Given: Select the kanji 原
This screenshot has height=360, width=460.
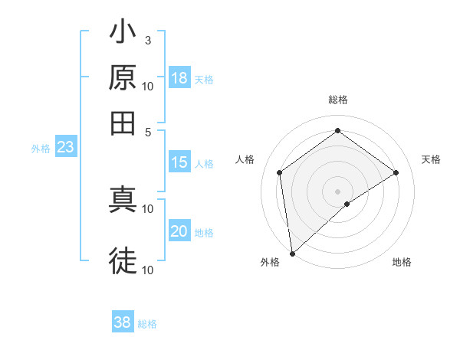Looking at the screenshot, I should point(123,78).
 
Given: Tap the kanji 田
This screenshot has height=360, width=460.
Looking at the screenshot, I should point(123,123).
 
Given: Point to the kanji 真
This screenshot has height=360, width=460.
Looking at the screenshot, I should point(123,198).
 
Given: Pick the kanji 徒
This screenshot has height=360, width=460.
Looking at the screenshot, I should point(123,260).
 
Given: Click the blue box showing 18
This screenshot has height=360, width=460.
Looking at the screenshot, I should point(179,78).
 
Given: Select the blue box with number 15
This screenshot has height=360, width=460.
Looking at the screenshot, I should point(179,162).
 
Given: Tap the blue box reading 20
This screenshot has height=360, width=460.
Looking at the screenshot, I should point(179,231).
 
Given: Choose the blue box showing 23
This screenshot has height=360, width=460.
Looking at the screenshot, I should point(65,148).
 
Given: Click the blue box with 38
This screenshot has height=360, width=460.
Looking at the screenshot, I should point(123,322).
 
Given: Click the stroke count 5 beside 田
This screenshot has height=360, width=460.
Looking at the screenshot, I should point(148,131).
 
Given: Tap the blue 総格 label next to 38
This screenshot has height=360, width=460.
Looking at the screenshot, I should point(147,324).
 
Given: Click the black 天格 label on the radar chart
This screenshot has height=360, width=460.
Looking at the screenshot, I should point(432,159).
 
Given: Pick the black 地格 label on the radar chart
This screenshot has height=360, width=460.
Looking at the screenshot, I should point(402,262).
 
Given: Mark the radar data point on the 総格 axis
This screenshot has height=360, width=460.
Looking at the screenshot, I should point(337,131).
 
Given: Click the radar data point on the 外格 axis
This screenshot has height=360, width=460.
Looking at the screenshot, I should point(292,253).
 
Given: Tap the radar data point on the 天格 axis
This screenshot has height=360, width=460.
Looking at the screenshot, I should point(396,172).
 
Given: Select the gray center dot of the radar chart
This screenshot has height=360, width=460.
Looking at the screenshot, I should point(337,191).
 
